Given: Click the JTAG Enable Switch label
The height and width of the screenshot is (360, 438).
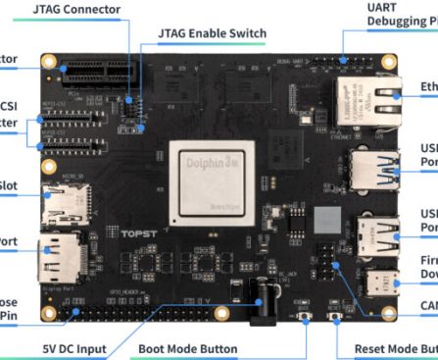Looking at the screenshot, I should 212,34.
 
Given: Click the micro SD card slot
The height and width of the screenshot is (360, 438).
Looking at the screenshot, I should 63,203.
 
